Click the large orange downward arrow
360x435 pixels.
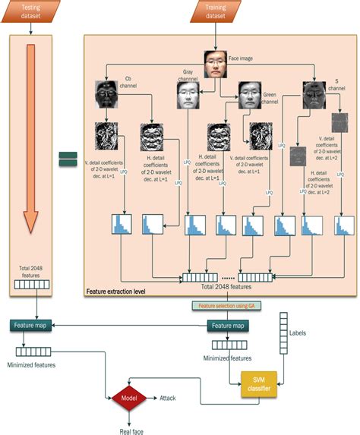click(31, 137)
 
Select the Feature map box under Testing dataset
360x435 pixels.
click(32, 325)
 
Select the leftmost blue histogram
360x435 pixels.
click(122, 225)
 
